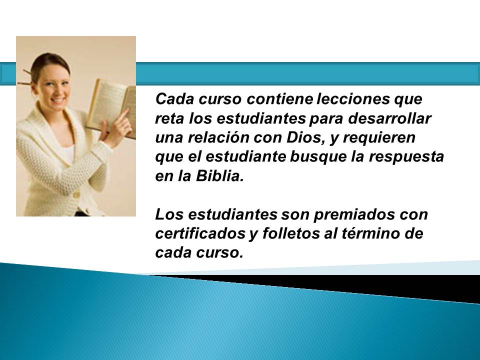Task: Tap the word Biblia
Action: (219, 176)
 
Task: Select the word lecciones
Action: (352, 99)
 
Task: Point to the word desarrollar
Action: (389, 118)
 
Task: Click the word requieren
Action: (379, 138)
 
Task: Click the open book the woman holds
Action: (111, 107)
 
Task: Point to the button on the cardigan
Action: (76, 194)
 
